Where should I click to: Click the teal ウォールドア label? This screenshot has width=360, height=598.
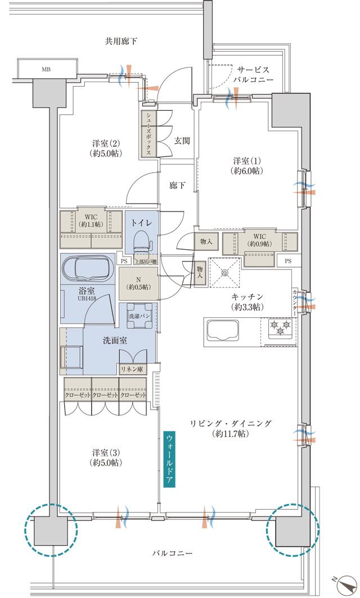pyautogui.click(x=169, y=458)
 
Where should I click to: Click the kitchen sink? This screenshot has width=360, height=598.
pyautogui.click(x=224, y=329)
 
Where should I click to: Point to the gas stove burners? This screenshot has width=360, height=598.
pyautogui.click(x=280, y=326)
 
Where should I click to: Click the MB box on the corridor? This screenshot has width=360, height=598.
pyautogui.click(x=46, y=69)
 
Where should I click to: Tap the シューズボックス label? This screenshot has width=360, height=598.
pyautogui.click(x=148, y=133)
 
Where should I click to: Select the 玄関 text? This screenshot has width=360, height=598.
pyautogui.click(x=182, y=141)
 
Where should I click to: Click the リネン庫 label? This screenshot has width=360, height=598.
pyautogui.click(x=133, y=368)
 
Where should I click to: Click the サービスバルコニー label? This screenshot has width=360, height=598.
pyautogui.click(x=254, y=75)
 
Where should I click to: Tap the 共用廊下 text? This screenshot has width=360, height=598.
pyautogui.click(x=121, y=41)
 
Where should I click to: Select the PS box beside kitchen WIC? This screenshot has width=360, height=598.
pyautogui.click(x=288, y=260)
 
